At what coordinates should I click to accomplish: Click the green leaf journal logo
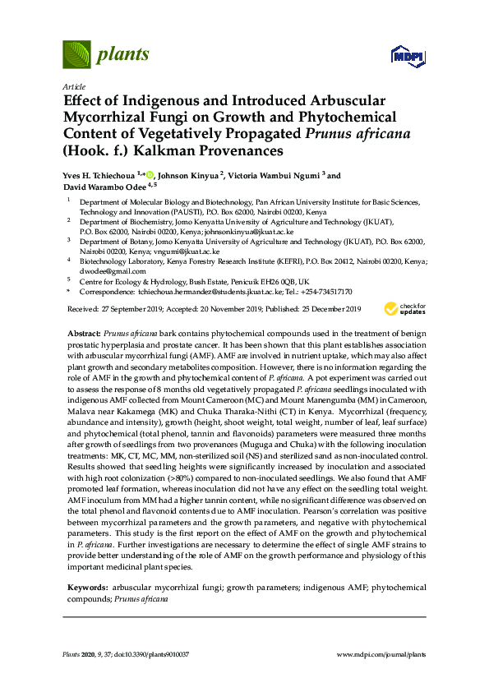[x=76, y=55]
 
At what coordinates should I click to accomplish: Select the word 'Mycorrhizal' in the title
[x=101, y=117]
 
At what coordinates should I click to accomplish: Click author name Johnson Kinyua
[x=188, y=176]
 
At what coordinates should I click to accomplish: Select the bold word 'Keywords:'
[x=86, y=588]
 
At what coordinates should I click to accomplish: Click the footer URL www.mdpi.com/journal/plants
[x=381, y=654]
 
